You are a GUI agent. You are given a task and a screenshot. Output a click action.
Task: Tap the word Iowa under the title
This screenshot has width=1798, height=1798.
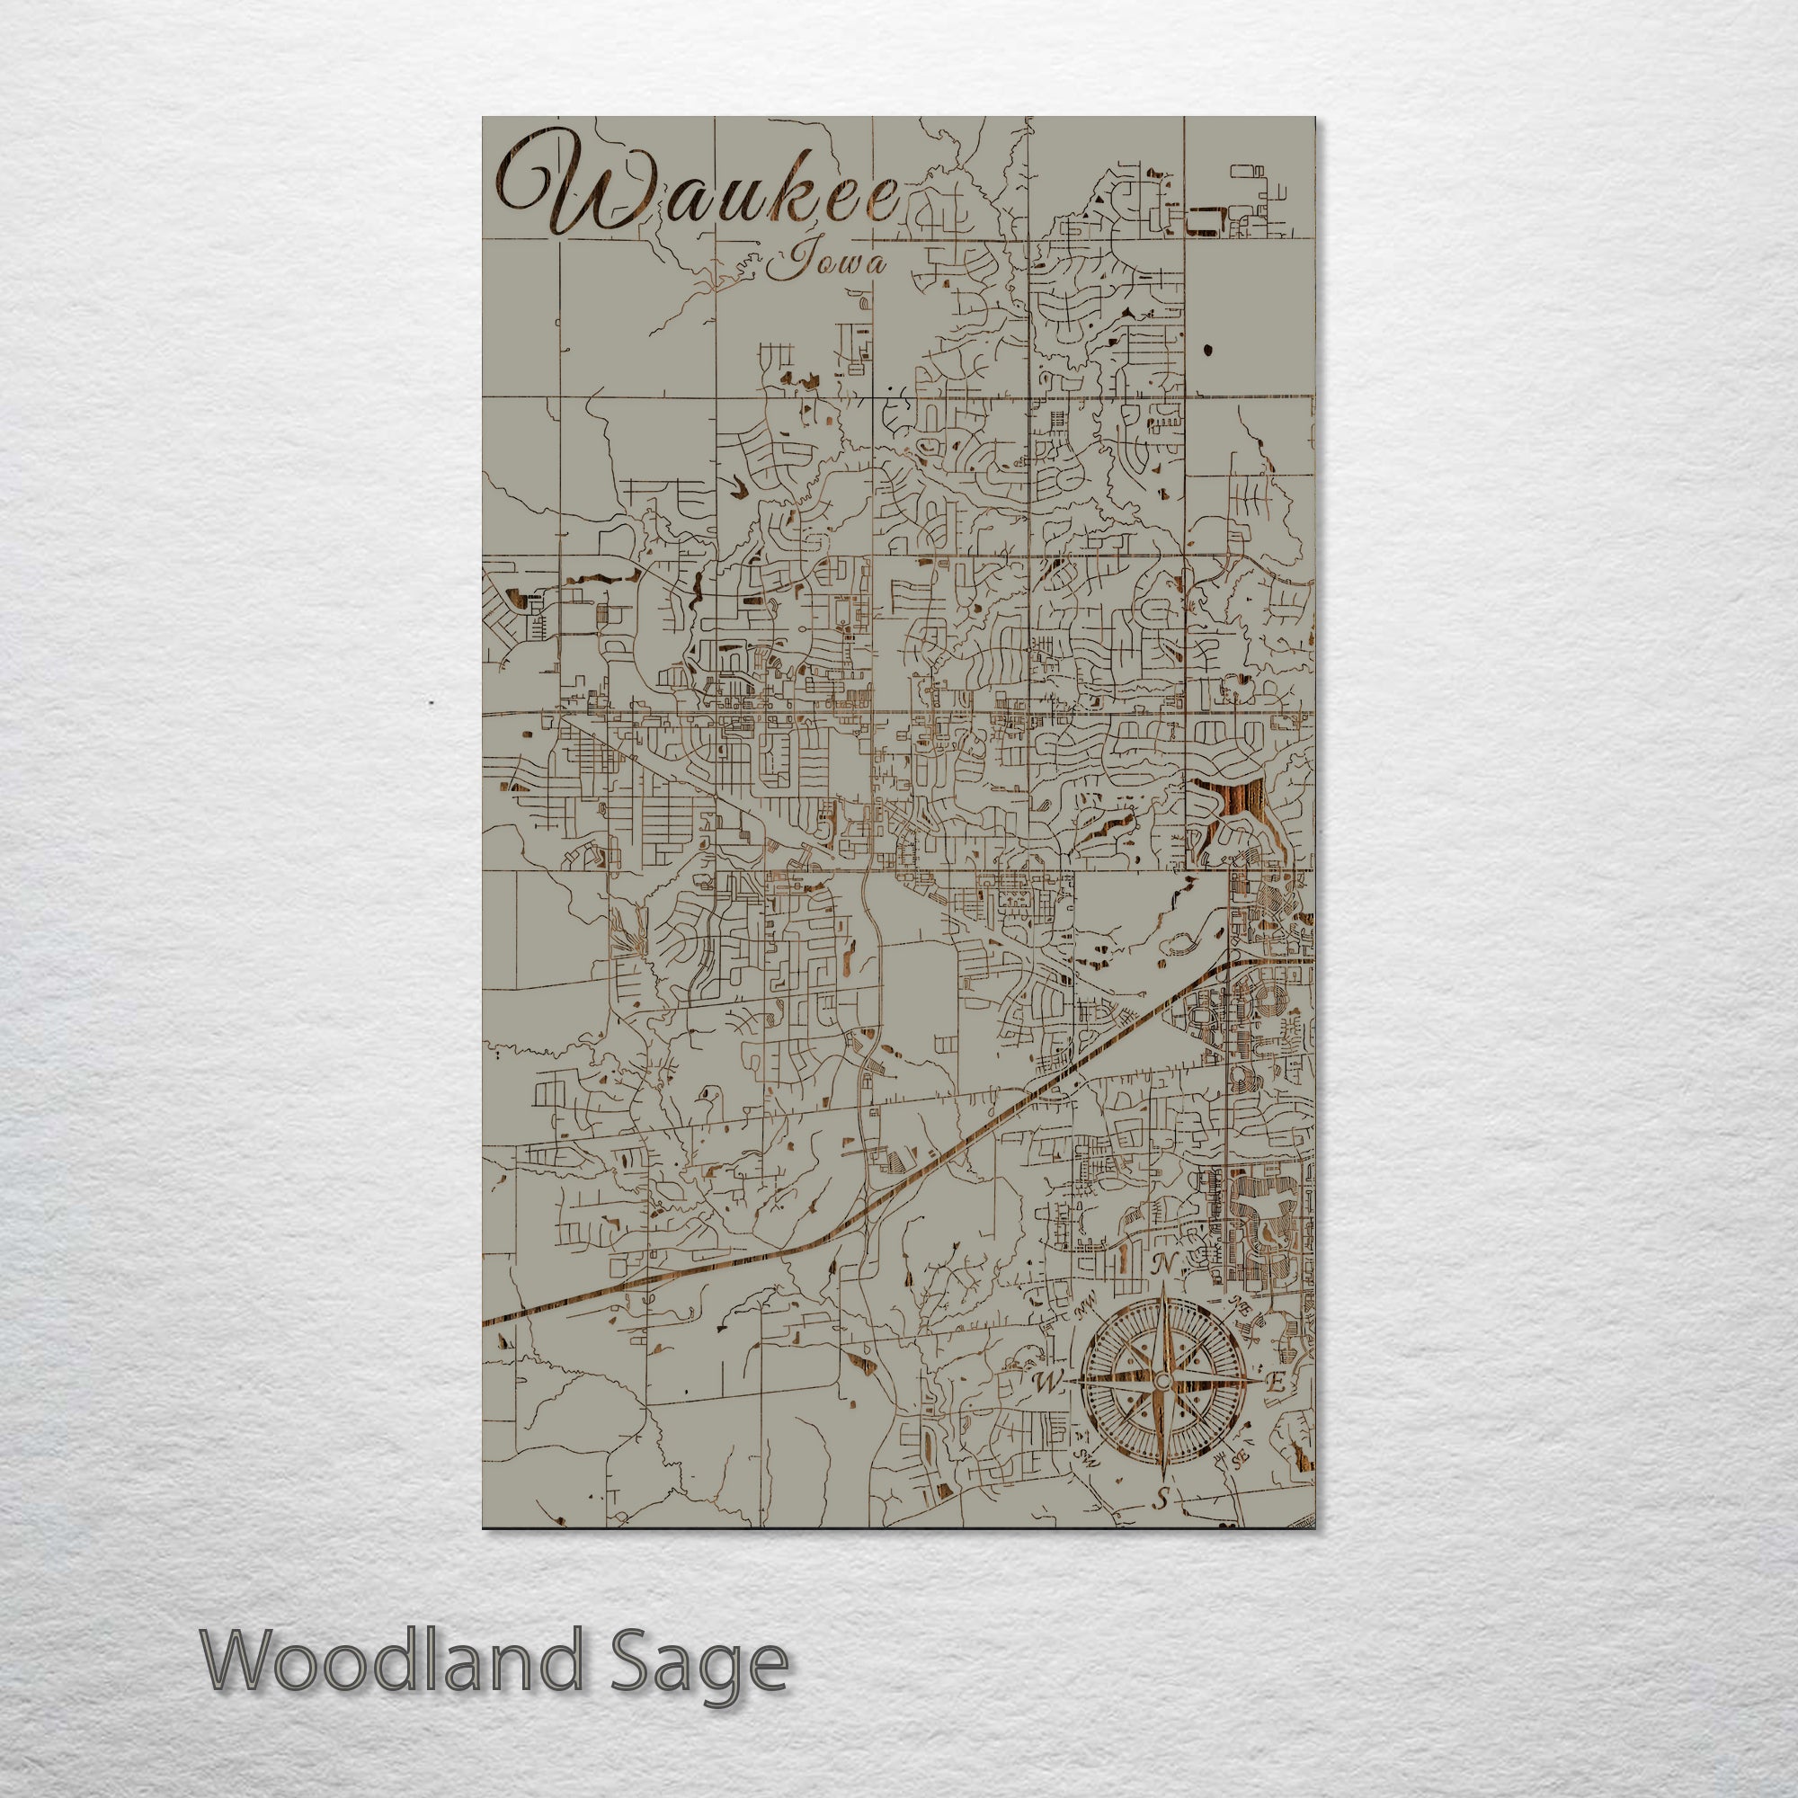click(x=824, y=264)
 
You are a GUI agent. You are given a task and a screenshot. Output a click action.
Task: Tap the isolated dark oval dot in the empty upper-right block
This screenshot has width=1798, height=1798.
click(x=1208, y=350)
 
